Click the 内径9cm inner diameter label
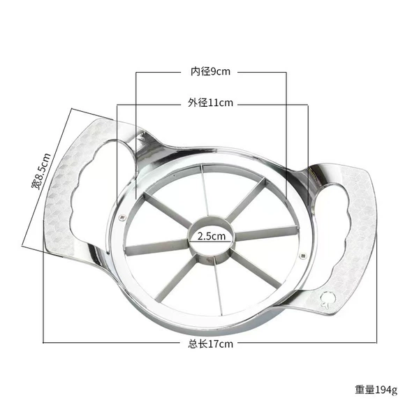210,72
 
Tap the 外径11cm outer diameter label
210,103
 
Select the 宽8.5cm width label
41,171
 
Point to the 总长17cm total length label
210,344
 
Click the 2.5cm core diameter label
212,236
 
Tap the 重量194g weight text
376,390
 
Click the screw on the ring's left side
123,217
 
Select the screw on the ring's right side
302,256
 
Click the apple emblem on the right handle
327,299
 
